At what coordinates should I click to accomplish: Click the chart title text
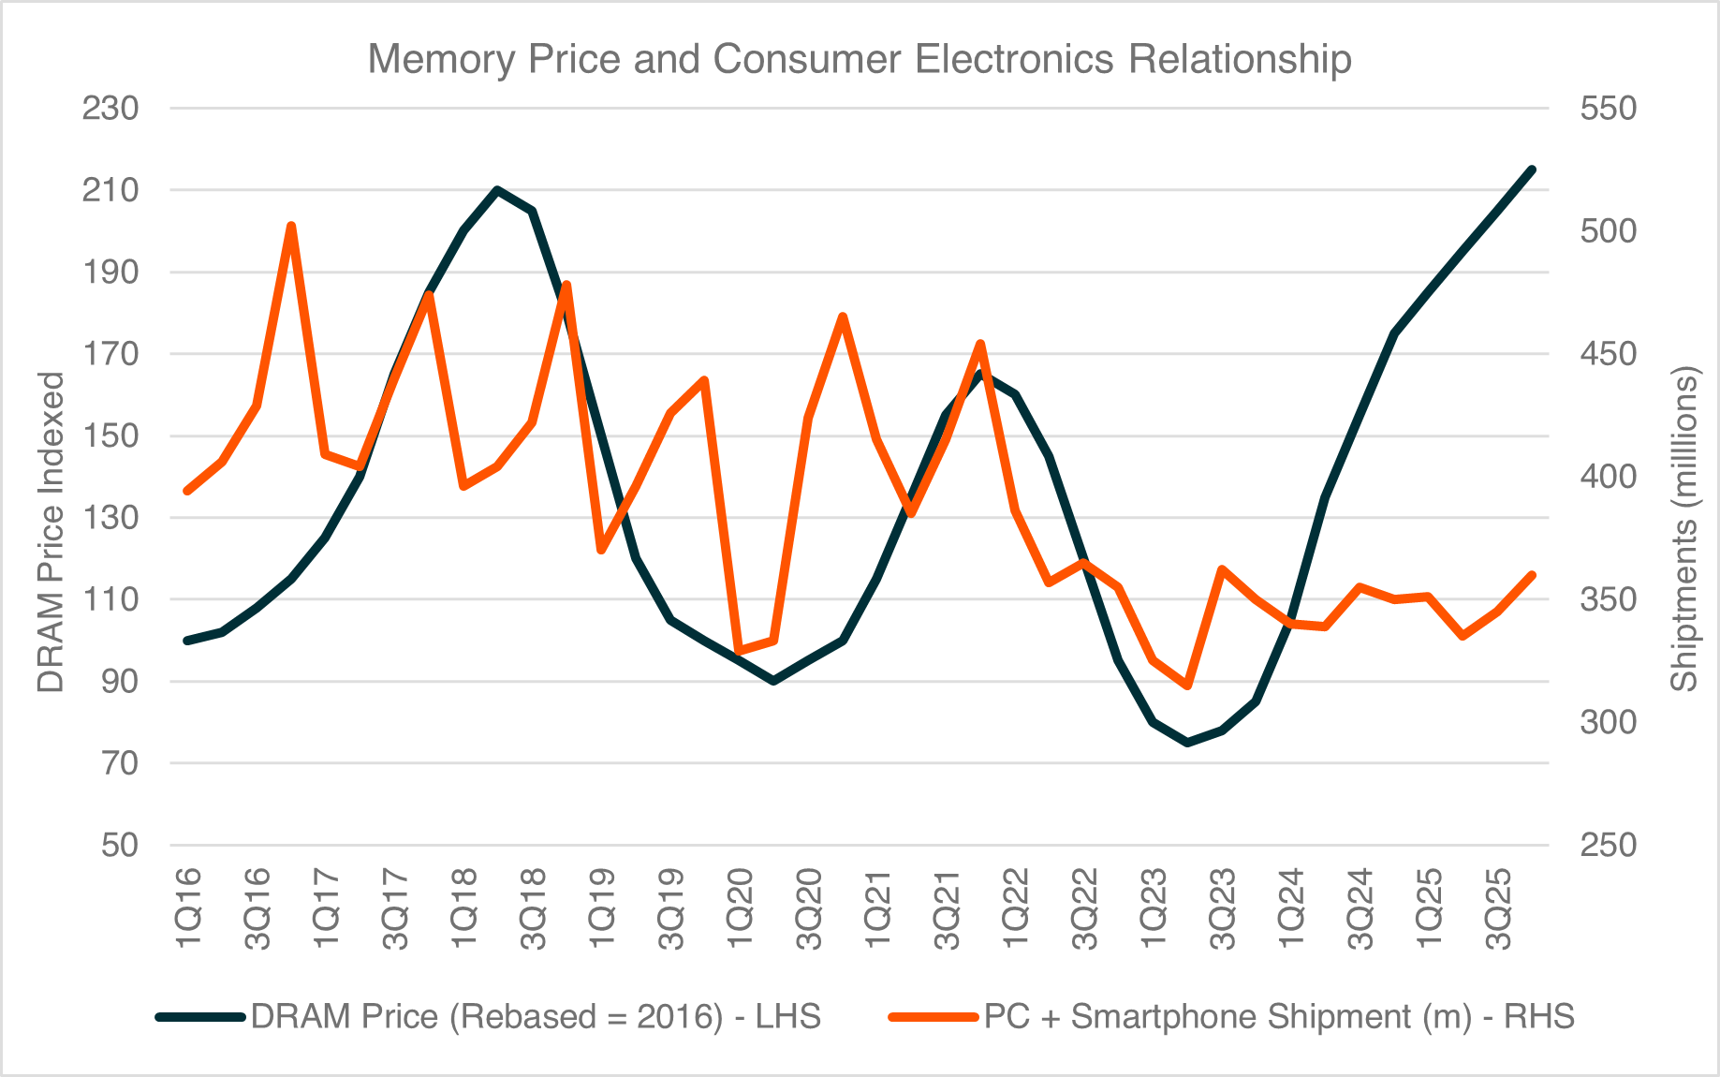pyautogui.click(x=859, y=58)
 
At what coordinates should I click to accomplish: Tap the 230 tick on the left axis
pyautogui.click(x=110, y=109)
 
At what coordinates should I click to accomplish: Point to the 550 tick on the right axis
pyautogui.click(x=1608, y=109)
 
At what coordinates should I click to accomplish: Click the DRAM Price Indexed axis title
pyautogui.click(x=51, y=532)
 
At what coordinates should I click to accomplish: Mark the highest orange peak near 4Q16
pyautogui.click(x=291, y=226)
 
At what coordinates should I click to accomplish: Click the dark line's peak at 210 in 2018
pyautogui.click(x=497, y=190)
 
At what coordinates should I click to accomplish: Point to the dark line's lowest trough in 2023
pyautogui.click(x=1187, y=743)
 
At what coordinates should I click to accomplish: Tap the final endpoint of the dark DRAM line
pyautogui.click(x=1533, y=170)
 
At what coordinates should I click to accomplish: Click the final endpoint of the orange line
pyautogui.click(x=1533, y=574)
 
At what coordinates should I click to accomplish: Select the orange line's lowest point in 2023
pyautogui.click(x=1187, y=686)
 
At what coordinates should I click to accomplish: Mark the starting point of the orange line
pyautogui.click(x=187, y=491)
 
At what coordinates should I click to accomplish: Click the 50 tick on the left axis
pyautogui.click(x=120, y=845)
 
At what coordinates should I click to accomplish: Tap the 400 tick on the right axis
pyautogui.click(x=1608, y=477)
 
